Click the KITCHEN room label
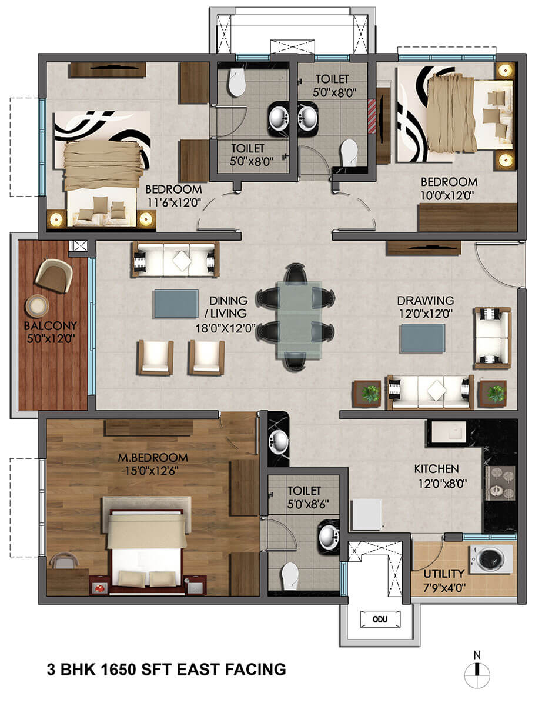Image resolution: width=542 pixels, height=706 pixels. [x=436, y=469]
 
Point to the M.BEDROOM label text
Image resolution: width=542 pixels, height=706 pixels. [x=152, y=457]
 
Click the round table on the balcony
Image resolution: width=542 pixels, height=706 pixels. [x=38, y=305]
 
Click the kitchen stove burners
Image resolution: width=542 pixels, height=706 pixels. [x=499, y=482]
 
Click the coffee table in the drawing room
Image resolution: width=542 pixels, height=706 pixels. [x=423, y=338]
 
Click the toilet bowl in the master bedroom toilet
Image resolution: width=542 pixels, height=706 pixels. [x=290, y=575]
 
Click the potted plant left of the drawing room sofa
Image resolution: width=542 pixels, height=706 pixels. [x=369, y=394]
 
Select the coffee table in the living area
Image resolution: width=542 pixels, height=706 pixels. [x=176, y=304]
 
